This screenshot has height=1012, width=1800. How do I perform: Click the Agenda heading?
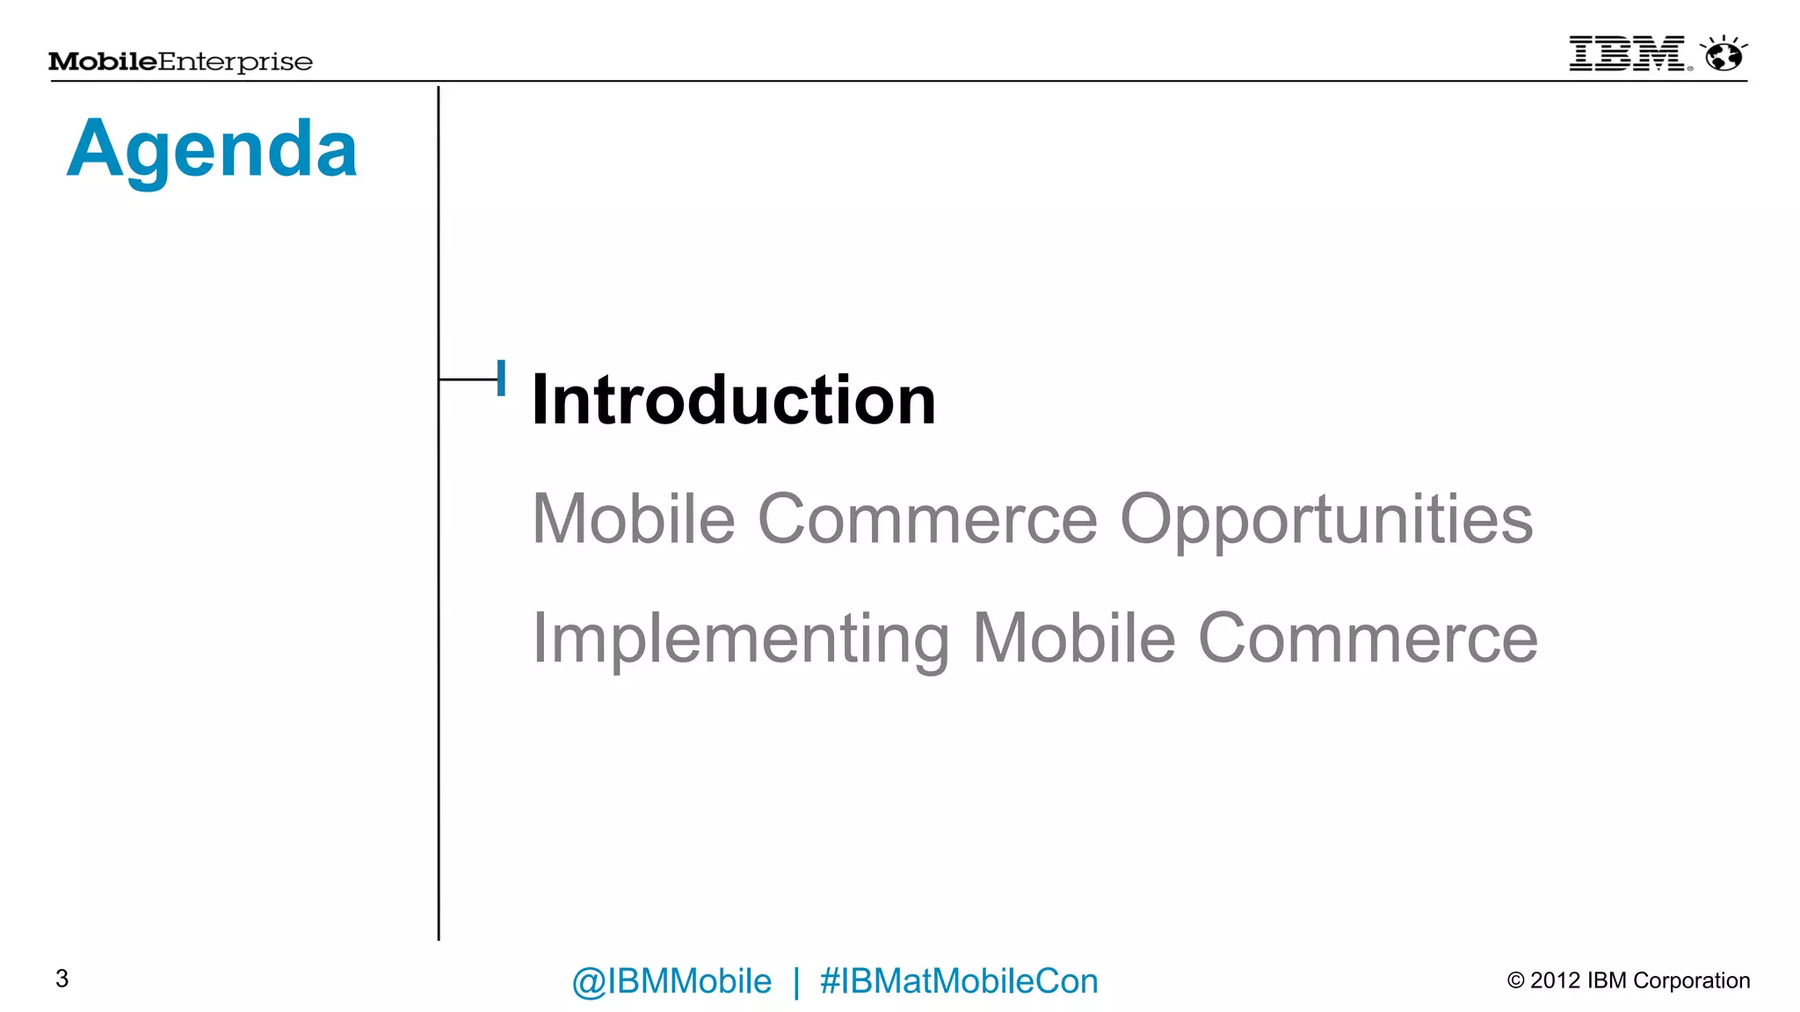click(x=212, y=150)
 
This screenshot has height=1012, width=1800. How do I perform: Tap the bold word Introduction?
click(x=734, y=401)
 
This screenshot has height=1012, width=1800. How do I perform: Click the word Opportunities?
click(x=1326, y=520)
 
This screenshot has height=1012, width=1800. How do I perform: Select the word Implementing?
click(x=741, y=640)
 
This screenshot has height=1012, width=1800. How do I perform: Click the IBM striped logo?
click(x=1627, y=54)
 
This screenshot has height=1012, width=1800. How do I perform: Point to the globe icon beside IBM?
click(x=1724, y=55)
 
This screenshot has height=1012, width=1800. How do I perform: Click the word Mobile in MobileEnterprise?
click(x=103, y=61)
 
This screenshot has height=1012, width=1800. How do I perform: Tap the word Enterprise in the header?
click(x=236, y=61)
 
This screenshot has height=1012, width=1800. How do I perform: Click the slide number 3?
click(x=62, y=979)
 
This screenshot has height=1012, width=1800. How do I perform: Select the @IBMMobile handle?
click(x=671, y=981)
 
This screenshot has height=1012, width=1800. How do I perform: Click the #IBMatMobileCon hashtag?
click(x=959, y=981)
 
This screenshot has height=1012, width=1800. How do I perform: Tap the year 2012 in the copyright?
click(x=1555, y=980)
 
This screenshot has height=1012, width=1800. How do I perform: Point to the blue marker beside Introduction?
click(x=501, y=378)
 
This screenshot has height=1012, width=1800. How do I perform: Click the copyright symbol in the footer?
click(x=1515, y=980)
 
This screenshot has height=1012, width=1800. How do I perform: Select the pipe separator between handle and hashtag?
click(x=796, y=981)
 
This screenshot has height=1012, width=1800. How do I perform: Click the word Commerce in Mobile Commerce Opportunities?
click(x=927, y=520)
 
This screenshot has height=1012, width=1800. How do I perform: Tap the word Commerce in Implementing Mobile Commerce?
click(x=1368, y=640)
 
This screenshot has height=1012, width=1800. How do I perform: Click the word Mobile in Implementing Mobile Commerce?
click(x=1073, y=640)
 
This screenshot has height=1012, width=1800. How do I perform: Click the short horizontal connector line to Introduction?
click(x=468, y=379)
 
